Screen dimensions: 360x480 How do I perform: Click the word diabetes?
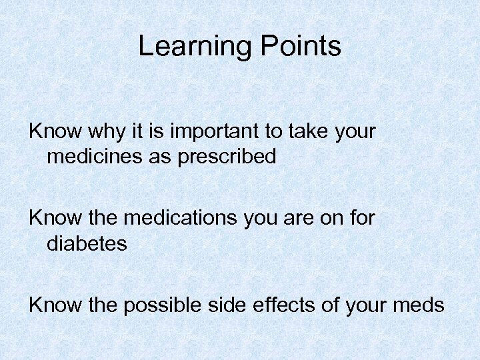click(x=87, y=243)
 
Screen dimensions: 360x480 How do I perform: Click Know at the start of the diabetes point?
click(x=50, y=219)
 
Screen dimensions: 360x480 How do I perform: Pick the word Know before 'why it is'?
click(x=50, y=132)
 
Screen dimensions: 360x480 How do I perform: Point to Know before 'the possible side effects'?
click(x=50, y=305)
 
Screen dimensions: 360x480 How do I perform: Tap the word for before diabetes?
click(x=363, y=219)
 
